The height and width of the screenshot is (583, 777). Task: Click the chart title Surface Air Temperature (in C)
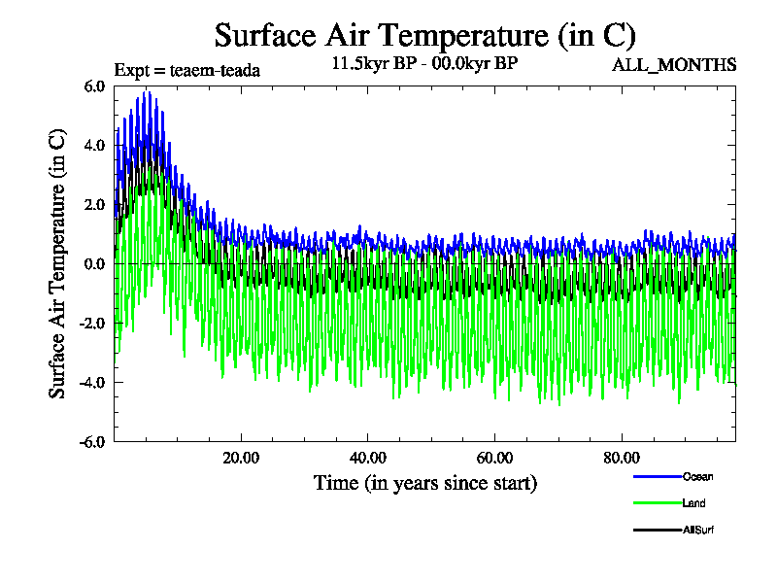(424, 36)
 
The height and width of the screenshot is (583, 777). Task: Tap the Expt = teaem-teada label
(187, 70)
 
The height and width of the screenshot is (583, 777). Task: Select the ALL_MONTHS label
(674, 65)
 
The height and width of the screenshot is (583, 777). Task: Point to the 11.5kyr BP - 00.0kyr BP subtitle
(424, 65)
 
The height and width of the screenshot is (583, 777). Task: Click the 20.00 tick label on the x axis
(241, 458)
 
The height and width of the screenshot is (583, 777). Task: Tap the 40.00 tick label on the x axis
(368, 458)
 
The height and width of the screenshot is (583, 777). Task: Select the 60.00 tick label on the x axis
(495, 458)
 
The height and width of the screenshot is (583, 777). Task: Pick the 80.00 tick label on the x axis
(623, 458)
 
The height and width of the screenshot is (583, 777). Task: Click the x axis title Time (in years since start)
(424, 483)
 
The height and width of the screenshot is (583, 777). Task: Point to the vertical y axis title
(58, 263)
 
